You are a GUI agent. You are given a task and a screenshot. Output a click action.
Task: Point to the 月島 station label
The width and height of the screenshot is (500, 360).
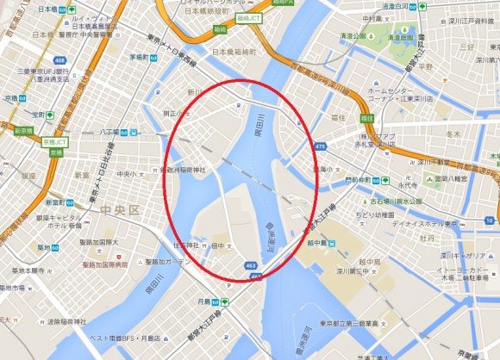(x=205, y=301)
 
